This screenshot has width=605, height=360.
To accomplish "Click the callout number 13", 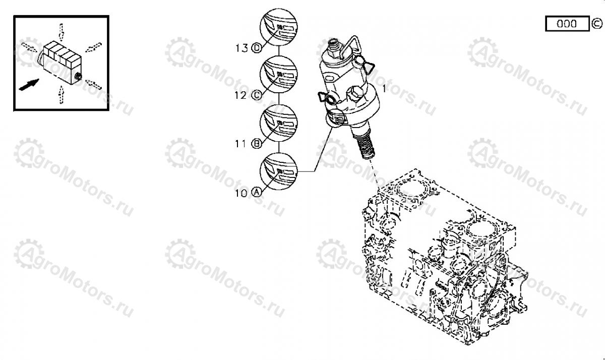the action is [x=241, y=48].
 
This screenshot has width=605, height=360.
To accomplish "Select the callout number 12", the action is [x=240, y=95].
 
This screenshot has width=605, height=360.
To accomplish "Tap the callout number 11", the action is [x=240, y=144].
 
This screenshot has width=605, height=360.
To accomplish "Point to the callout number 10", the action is [x=241, y=193].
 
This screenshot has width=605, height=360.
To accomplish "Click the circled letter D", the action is [x=257, y=48].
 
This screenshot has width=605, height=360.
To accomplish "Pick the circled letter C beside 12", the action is [x=257, y=95].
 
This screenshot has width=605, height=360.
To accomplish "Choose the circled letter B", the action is [x=257, y=144].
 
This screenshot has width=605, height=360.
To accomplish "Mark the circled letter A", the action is [x=257, y=192].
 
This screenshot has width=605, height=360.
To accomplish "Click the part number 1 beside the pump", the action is [x=385, y=88].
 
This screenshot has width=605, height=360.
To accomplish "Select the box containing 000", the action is [x=567, y=24].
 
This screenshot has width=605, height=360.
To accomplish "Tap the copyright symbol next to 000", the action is [x=596, y=24].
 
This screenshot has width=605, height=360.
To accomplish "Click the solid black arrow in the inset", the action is [x=29, y=85].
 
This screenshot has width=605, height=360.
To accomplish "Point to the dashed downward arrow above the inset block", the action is [x=62, y=31].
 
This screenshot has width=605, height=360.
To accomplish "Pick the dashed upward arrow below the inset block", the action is [x=62, y=95].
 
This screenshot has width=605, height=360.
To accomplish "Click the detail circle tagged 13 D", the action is [x=279, y=27].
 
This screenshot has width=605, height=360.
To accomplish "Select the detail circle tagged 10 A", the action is [x=279, y=171].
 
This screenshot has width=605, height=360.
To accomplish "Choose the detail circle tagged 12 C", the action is [x=279, y=75].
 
